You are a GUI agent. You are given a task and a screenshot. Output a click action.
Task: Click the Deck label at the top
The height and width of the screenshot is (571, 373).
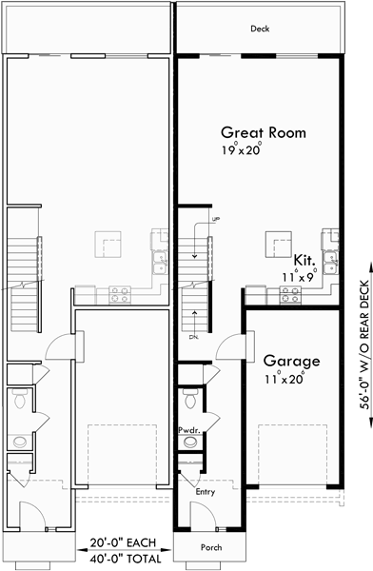[x=260, y=30]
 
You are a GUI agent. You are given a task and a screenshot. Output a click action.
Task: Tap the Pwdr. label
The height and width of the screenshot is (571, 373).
[x=187, y=431]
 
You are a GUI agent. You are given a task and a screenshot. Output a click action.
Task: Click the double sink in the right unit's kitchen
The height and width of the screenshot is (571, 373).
[x=330, y=245]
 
